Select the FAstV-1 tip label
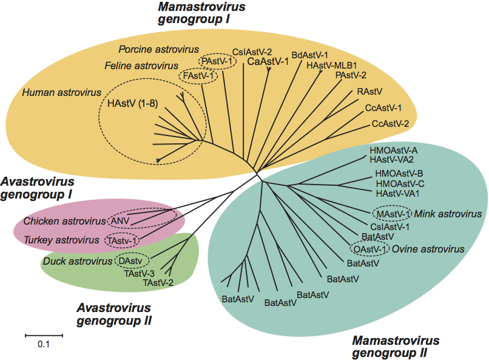(199, 76)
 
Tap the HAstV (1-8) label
(132, 103)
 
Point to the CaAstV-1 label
(268, 61)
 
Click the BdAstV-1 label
(309, 55)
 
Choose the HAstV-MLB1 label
(331, 66)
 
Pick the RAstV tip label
(369, 92)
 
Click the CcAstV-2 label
(390, 123)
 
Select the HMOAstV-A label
(394, 150)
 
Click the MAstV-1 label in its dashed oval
(393, 214)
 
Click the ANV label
(119, 220)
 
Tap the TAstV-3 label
(140, 274)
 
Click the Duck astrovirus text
(78, 262)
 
